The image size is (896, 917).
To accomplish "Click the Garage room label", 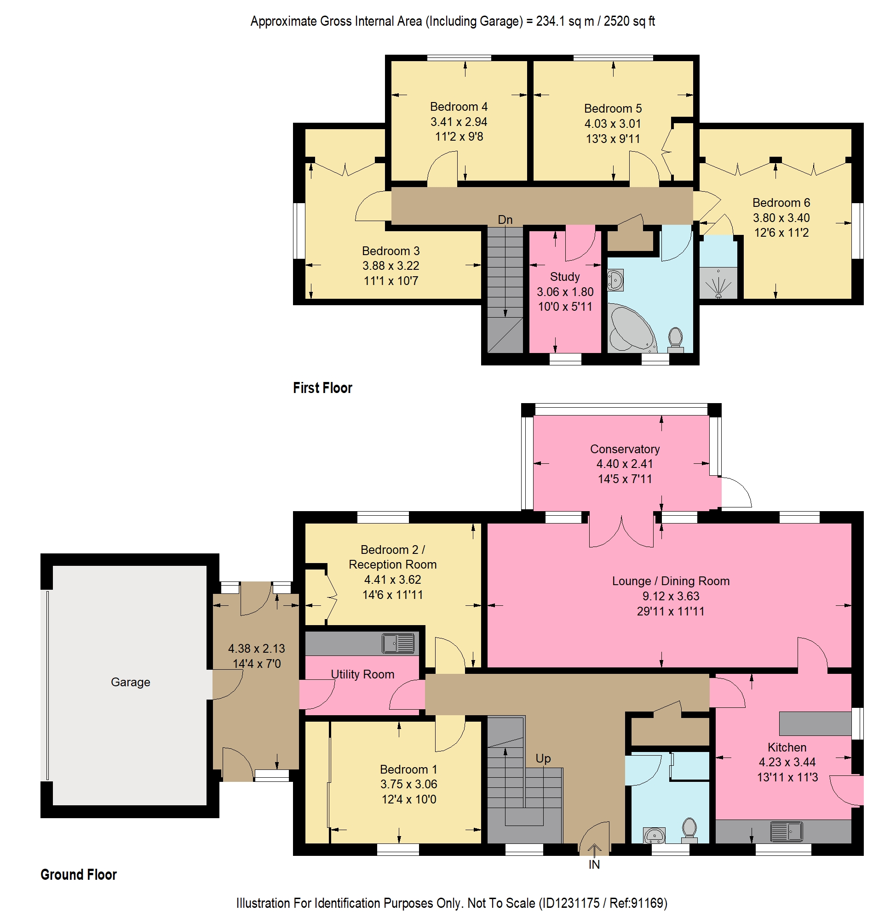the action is (130, 682).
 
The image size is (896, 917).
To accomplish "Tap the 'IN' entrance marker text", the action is (594, 864).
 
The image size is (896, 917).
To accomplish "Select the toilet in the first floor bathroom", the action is (676, 340).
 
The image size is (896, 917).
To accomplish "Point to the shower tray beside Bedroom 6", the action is (718, 283).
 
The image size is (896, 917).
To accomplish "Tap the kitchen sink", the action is (787, 832).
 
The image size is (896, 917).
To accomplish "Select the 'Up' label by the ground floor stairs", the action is (543, 758).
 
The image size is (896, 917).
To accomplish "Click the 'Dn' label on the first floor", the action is (505, 220).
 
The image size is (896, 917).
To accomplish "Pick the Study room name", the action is (565, 277).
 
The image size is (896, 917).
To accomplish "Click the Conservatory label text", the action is (625, 449).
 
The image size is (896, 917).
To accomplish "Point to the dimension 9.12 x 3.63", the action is (671, 596).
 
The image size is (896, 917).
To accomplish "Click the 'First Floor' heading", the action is (322, 388).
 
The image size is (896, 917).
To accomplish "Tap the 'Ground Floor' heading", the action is (79, 875).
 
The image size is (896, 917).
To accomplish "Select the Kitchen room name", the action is (787, 747).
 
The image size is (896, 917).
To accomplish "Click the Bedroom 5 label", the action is (613, 108).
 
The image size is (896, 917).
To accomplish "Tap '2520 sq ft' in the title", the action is (629, 21).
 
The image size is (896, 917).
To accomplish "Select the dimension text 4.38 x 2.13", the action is (257, 649).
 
